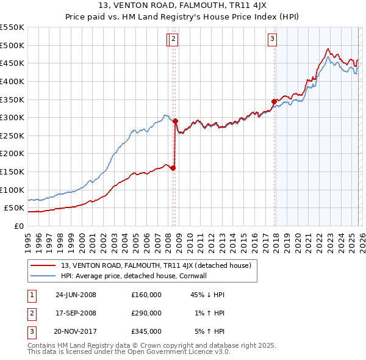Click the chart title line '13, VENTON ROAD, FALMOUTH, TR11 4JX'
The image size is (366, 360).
pyautogui.click(x=183, y=7)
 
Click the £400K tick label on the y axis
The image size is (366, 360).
pyautogui.click(x=12, y=81)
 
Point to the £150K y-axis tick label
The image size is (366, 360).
pyautogui.click(x=12, y=172)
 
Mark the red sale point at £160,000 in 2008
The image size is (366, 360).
pyautogui.click(x=173, y=168)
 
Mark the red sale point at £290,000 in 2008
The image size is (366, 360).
pyautogui.click(x=175, y=121)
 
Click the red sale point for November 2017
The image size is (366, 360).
pyautogui.click(x=274, y=101)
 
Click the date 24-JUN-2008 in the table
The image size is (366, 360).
pyautogui.click(x=76, y=295)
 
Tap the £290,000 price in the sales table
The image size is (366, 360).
pyautogui.click(x=146, y=313)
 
